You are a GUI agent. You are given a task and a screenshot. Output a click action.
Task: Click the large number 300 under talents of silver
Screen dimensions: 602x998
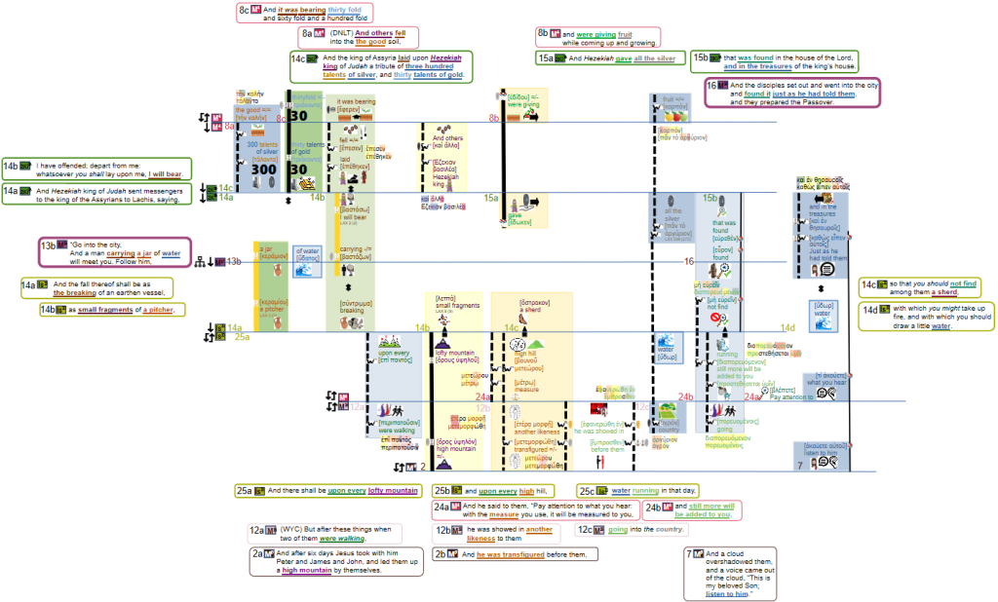pyautogui.click(x=263, y=169)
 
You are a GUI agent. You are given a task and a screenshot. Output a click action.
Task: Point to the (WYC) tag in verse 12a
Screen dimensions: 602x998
pyautogui.click(x=283, y=529)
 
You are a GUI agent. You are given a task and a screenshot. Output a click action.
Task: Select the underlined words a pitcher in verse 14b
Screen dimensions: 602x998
pyautogui.click(x=158, y=310)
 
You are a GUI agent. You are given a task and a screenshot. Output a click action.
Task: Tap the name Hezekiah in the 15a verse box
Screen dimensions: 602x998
pyautogui.click(x=604, y=58)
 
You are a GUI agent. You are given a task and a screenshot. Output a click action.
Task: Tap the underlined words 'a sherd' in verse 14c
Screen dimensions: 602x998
pyautogui.click(x=944, y=292)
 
